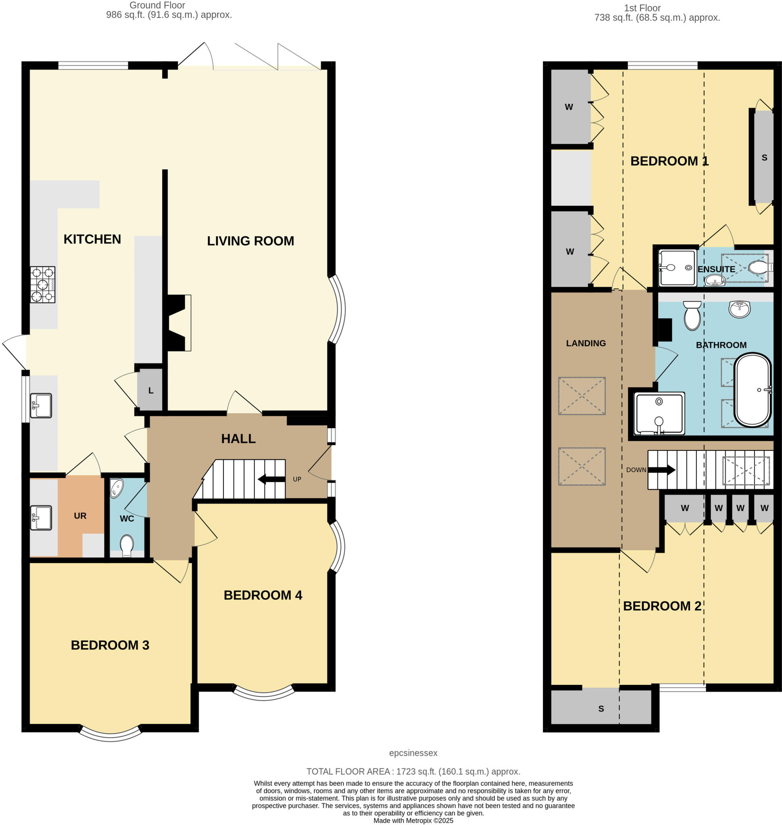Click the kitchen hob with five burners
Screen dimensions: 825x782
click(x=42, y=284)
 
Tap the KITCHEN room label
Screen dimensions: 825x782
click(x=92, y=239)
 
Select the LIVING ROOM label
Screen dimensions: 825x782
click(x=250, y=241)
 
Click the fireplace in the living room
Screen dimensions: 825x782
click(x=179, y=323)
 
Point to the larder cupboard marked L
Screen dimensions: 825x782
click(x=150, y=391)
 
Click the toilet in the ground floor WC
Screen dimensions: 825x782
click(x=126, y=544)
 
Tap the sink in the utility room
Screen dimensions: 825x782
click(x=41, y=518)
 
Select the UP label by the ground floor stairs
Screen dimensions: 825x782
click(x=297, y=479)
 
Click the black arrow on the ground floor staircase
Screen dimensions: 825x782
click(x=271, y=479)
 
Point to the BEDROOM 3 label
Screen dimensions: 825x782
click(x=110, y=645)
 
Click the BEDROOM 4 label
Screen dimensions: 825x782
click(x=263, y=595)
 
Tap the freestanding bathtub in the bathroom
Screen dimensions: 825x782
click(x=753, y=390)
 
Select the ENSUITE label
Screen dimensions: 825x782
click(x=716, y=269)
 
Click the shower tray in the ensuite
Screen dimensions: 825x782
click(x=677, y=268)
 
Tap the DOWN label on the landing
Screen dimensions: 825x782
click(x=636, y=470)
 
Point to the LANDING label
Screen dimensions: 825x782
click(x=586, y=343)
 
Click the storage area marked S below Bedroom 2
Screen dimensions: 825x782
click(x=601, y=709)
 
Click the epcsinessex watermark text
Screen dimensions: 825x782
click(x=413, y=753)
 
